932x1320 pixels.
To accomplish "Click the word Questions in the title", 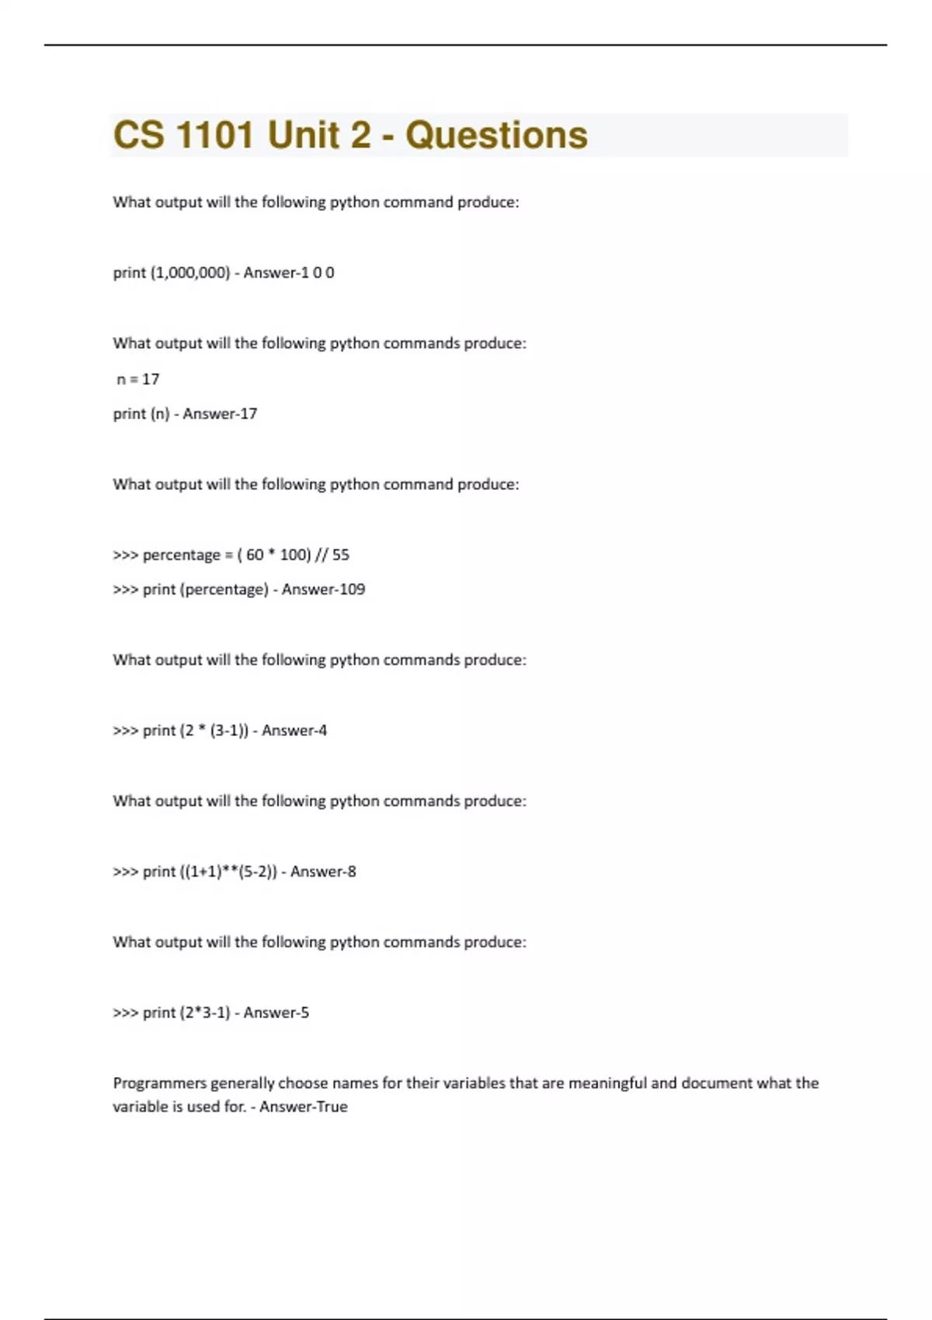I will coord(496,135).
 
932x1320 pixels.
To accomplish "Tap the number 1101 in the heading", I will coord(214,135).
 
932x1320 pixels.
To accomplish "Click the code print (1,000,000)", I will coord(171,273).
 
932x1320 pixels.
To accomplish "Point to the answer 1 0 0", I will coord(318,273).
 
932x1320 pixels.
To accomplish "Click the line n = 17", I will coord(137,379).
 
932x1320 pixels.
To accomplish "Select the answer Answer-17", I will coord(220,414).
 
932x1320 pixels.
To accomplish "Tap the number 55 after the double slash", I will coord(340,554).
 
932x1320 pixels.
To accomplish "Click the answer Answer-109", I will coord(323,589).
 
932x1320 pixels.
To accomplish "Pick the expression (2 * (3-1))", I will coord(214,731).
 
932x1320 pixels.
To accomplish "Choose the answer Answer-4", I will coord(294,731).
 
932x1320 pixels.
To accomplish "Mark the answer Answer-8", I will coord(323,871).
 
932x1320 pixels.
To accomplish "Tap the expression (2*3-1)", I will coord(205,1013).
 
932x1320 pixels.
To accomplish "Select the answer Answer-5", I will coord(276,1013).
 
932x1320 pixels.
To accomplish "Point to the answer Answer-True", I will coord(304,1106).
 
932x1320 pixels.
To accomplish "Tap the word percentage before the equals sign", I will coord(182,554).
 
